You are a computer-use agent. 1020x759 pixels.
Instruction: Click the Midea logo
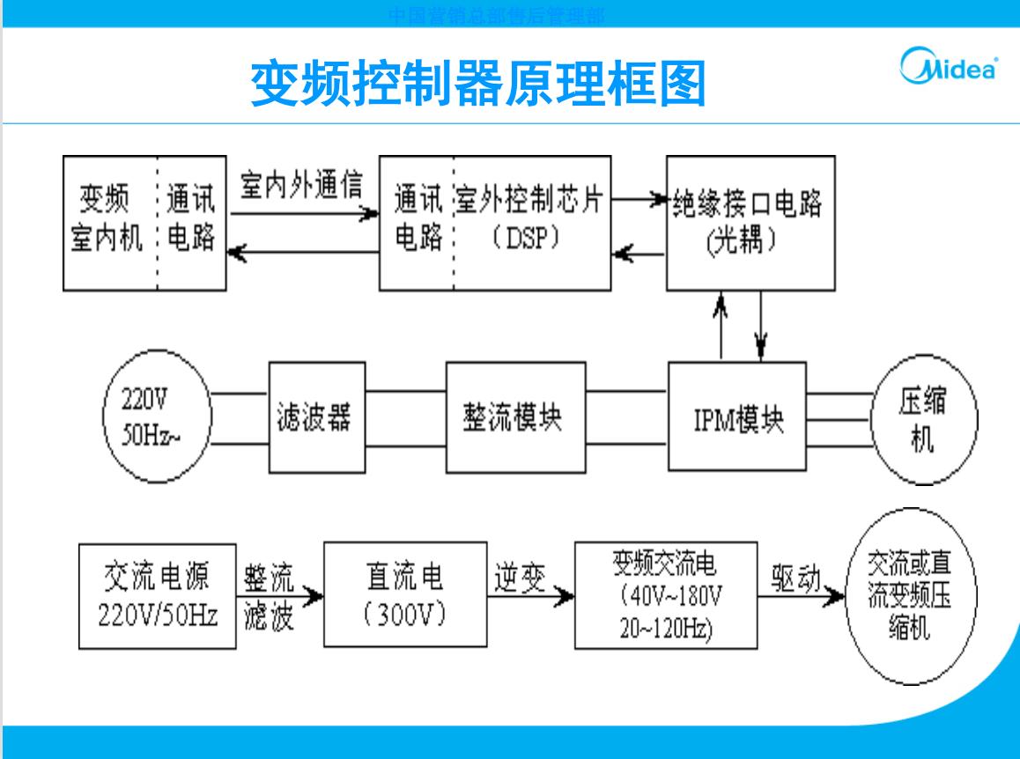coord(948,68)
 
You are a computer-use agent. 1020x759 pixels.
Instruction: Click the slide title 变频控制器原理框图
coord(478,84)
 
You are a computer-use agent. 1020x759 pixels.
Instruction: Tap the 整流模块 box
coord(515,416)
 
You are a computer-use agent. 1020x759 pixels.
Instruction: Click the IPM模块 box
coord(737,418)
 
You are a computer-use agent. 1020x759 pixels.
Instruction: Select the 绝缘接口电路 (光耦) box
coord(750,223)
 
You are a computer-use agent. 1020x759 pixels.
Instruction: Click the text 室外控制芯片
coord(529,203)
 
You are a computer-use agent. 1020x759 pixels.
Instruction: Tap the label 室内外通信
coord(301,185)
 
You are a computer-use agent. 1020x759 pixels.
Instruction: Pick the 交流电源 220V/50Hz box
coord(157,596)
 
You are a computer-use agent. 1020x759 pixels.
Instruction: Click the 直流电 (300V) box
coord(404,595)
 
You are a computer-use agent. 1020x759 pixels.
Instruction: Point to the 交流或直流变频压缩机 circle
coord(910,596)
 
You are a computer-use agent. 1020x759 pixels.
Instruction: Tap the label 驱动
coord(795,578)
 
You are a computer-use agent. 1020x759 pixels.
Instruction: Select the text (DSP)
coord(526,239)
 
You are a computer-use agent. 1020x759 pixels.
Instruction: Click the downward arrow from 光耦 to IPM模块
coord(761,326)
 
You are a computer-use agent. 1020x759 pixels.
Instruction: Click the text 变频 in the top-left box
coord(103,202)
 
